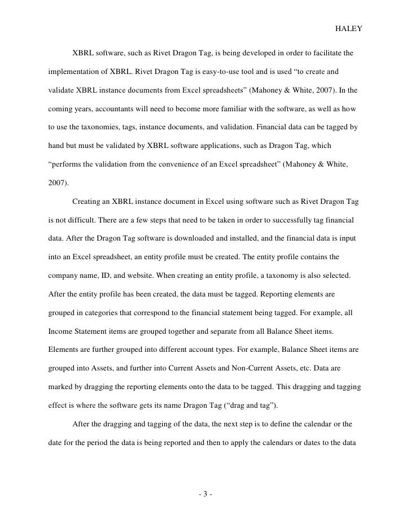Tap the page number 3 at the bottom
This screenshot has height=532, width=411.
pos(205,495)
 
